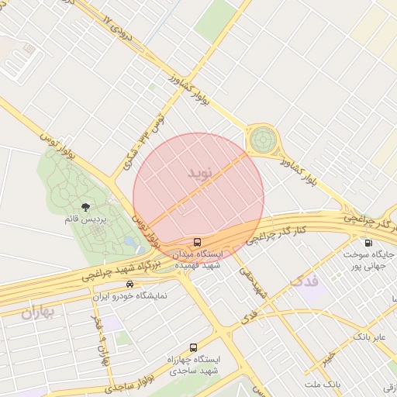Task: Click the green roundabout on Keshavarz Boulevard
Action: (x=262, y=140)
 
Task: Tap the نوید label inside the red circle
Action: (x=198, y=172)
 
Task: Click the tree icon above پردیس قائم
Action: (x=85, y=207)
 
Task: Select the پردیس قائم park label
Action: (x=85, y=220)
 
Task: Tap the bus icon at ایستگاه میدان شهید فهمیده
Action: (x=198, y=242)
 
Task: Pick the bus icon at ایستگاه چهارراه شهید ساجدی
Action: (x=193, y=347)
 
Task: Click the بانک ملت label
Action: (x=323, y=384)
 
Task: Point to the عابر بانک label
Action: (x=369, y=337)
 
